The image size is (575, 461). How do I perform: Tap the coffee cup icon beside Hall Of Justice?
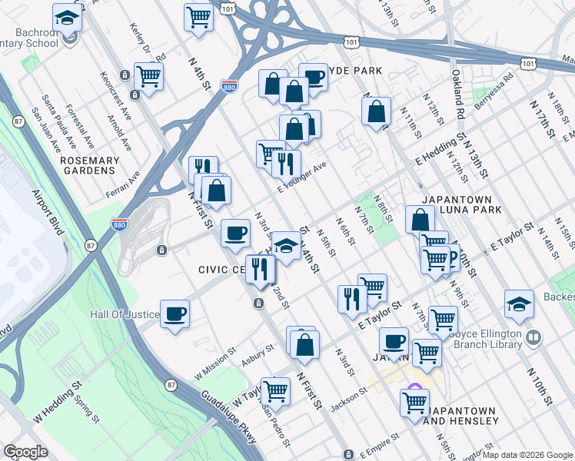[175, 313]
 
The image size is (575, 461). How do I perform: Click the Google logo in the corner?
[25, 452]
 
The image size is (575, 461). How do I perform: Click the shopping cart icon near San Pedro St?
[275, 390]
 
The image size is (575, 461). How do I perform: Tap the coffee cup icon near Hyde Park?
[313, 77]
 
